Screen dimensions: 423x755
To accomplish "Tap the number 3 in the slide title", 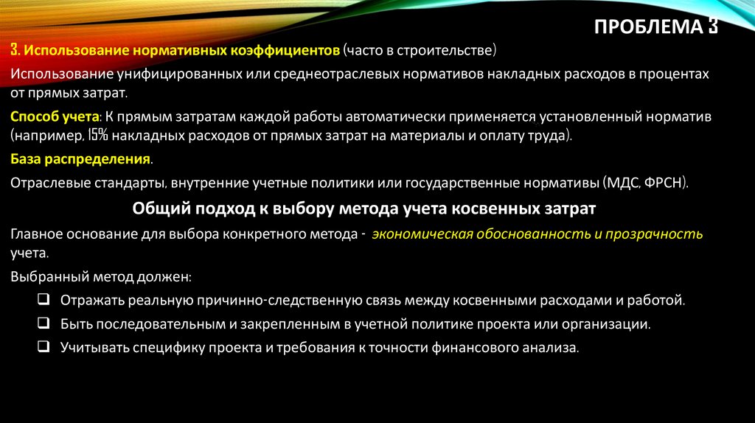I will tap(713, 27).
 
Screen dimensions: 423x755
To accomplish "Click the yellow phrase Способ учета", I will tap(55, 116).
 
